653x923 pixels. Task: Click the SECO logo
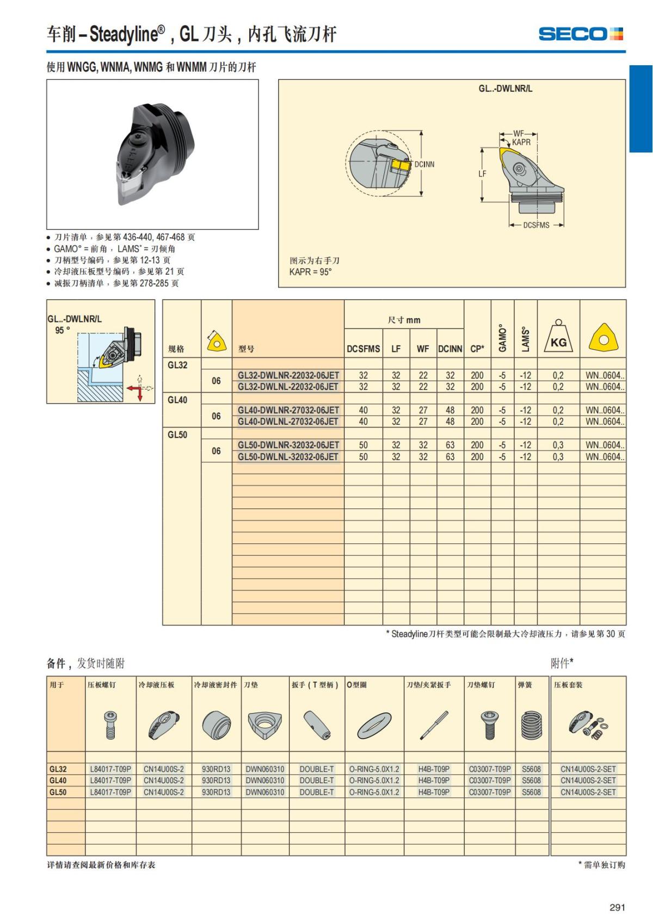point(580,34)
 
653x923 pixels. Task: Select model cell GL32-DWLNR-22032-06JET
point(288,375)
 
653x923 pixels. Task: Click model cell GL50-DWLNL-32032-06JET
point(288,457)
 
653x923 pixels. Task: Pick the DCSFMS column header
point(363,349)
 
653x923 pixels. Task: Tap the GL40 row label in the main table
point(177,400)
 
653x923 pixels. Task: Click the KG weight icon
point(558,337)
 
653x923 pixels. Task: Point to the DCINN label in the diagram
point(424,164)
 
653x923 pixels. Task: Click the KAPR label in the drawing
point(521,143)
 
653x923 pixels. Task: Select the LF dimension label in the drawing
point(482,174)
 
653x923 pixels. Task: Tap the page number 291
point(617,907)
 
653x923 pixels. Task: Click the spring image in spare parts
point(531,726)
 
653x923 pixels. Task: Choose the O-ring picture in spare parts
point(374,726)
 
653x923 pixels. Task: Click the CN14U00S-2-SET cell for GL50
point(588,792)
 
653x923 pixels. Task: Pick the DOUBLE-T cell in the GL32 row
point(317,769)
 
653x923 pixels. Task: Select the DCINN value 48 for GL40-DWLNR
point(450,410)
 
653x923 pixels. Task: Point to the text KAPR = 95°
point(310,272)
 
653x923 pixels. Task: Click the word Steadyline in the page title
point(124,35)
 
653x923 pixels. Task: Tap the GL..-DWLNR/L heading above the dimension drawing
point(506,89)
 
